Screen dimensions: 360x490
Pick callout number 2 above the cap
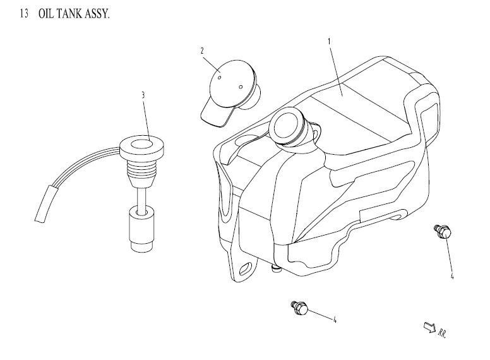(202, 51)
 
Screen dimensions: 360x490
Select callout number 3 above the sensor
(143, 95)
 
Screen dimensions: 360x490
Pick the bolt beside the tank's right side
(442, 232)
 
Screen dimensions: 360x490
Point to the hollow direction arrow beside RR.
(427, 326)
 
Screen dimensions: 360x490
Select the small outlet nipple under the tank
(276, 270)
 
